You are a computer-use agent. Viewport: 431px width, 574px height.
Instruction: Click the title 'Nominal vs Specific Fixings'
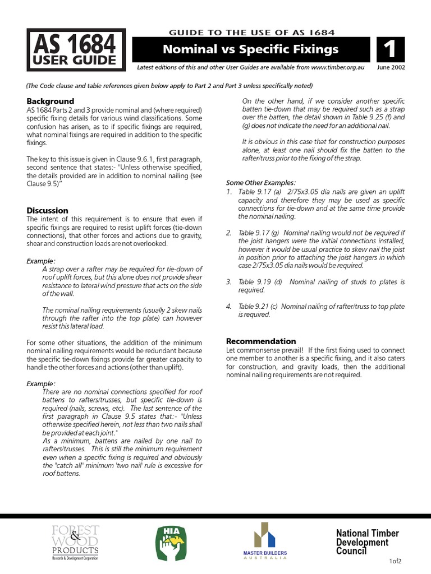[x=250, y=49]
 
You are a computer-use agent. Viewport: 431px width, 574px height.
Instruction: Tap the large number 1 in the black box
[x=389, y=50]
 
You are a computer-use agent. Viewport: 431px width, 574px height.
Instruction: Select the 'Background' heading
[x=51, y=101]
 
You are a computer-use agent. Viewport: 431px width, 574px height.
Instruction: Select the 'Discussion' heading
[x=48, y=210]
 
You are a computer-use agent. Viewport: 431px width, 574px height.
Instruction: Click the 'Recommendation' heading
[x=260, y=341]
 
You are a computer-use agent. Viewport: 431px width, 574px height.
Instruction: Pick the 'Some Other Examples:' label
[x=260, y=183]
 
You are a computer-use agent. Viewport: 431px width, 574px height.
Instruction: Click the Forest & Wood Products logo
[x=75, y=543]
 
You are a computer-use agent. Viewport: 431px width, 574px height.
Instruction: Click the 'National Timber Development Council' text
[x=361, y=542]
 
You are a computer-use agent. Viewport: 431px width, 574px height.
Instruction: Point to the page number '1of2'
[x=396, y=561]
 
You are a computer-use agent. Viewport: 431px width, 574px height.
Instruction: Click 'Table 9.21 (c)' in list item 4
[x=258, y=307]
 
